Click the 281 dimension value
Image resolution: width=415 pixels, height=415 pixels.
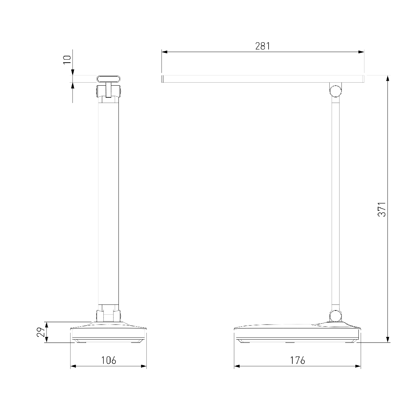pos(263,46)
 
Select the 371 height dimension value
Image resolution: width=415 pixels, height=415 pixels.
pos(382,209)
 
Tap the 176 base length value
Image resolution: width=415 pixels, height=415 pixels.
pos(298,360)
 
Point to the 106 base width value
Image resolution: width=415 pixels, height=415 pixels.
pos(109,360)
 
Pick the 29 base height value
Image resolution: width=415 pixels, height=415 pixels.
pos(41,332)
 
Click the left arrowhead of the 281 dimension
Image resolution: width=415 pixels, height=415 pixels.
pos(164,52)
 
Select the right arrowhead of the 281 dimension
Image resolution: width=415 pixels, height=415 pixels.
pos(361,52)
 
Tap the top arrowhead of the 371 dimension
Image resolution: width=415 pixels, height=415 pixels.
pos(388,78)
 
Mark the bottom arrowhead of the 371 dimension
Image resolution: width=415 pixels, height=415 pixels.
pos(388,340)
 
